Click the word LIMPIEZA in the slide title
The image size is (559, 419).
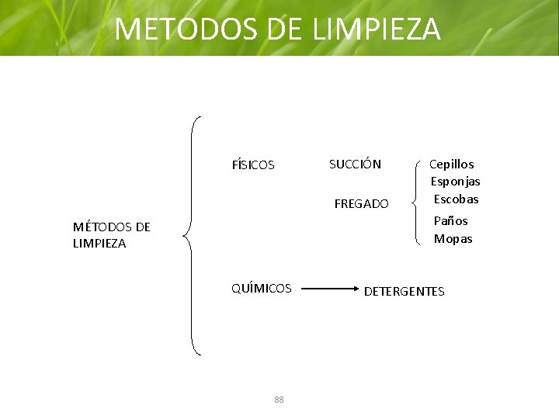click(377, 29)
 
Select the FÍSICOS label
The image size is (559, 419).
click(253, 164)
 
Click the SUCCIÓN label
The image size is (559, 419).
click(355, 164)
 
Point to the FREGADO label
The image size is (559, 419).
click(361, 204)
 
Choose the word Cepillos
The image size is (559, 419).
click(453, 164)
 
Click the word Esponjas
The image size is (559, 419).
click(456, 181)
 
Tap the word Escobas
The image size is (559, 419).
click(457, 199)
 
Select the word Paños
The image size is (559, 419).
click(451, 220)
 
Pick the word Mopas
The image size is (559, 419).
click(453, 239)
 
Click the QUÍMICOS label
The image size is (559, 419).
click(262, 288)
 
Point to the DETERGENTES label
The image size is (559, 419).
click(404, 291)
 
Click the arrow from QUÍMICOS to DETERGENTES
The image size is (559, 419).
click(326, 289)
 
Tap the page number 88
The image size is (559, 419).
click(279, 400)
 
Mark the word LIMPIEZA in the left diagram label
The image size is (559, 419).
click(99, 243)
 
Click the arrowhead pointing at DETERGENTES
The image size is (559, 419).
click(352, 289)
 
